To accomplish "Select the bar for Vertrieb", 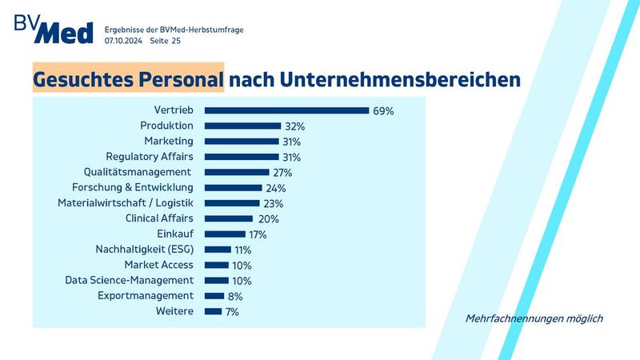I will (x=286, y=110).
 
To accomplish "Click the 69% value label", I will (x=383, y=111).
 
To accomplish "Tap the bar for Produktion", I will (x=242, y=126).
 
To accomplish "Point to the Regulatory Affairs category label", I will (x=150, y=157).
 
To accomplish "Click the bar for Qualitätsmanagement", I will (x=237, y=172).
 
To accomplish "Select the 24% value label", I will (x=276, y=188).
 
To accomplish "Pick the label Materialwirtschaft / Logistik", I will (x=126, y=203).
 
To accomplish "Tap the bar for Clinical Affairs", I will (x=229, y=218).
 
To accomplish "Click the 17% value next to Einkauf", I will (x=258, y=234).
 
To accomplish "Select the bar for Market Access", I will (x=217, y=265).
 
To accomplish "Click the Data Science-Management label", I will (x=129, y=280).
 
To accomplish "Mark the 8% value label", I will (x=235, y=296).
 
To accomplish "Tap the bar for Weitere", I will (x=213, y=311).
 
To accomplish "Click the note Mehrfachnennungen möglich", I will (x=534, y=318).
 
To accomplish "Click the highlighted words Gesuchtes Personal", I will (x=128, y=80).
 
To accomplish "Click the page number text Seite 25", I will (x=166, y=40).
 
